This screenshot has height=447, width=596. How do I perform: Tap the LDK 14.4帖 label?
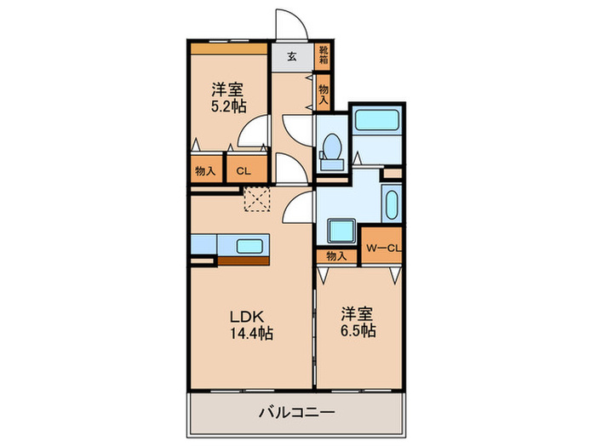249,324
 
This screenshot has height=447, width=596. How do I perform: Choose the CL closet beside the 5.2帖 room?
243,170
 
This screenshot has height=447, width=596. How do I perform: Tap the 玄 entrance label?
292,57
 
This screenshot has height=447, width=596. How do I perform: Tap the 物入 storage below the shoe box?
324,91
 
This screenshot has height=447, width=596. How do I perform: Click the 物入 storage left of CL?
205,170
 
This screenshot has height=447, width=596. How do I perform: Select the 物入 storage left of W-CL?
336,255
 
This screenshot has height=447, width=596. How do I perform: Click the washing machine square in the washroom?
342,231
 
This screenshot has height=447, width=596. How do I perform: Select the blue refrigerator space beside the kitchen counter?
203,244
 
